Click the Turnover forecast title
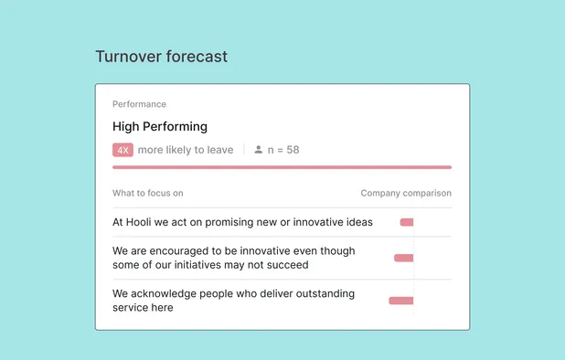coord(161,57)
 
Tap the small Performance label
coord(139,104)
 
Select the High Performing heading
coord(160,126)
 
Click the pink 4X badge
coord(123,150)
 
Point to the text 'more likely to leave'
coord(186,150)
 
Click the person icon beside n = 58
coord(259,149)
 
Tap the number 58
coord(293,150)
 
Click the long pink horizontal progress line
coord(282,167)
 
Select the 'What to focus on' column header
coord(148,193)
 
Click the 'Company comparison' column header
coord(406,193)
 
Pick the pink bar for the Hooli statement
coord(407,222)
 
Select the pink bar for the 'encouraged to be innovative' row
coord(403,258)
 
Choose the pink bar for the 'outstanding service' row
coord(400,300)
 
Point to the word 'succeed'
coord(287,265)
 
